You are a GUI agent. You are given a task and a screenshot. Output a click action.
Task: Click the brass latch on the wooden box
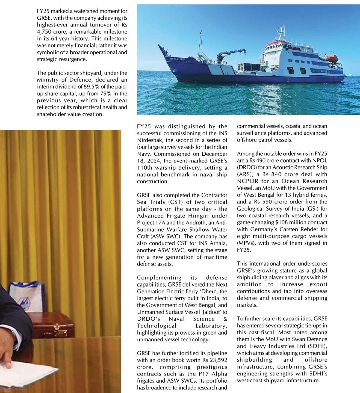[57, 327]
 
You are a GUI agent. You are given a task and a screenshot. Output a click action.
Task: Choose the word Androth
[194, 223]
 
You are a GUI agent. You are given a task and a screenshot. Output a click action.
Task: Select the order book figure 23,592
[218, 360]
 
